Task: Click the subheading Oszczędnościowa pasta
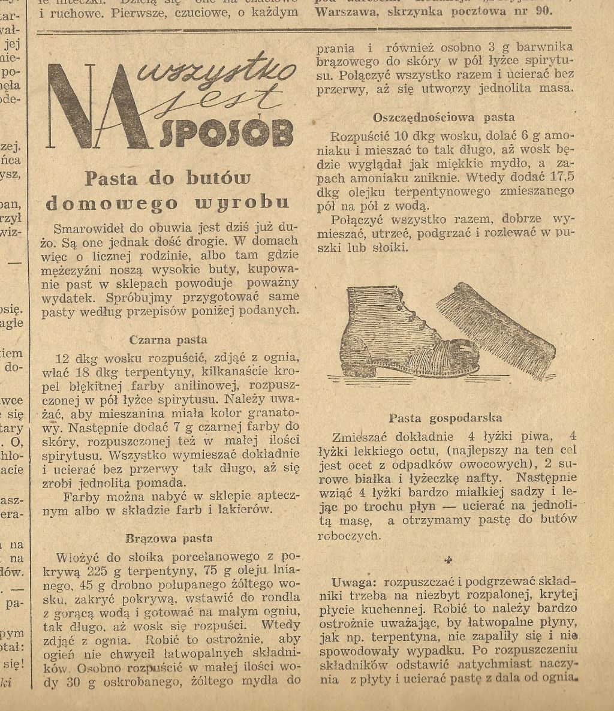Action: (x=444, y=117)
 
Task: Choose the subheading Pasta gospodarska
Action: (x=445, y=418)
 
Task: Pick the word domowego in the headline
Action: (x=112, y=203)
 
